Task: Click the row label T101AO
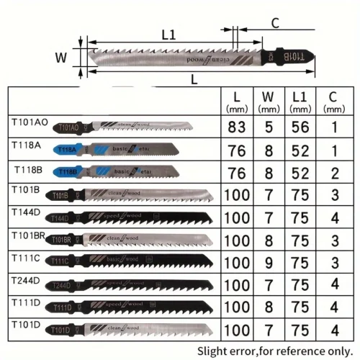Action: point(30,123)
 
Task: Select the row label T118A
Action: point(27,145)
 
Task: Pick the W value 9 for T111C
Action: point(268,262)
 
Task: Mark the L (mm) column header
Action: point(237,101)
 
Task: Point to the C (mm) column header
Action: point(331,101)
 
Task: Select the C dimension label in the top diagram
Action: point(274,23)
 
